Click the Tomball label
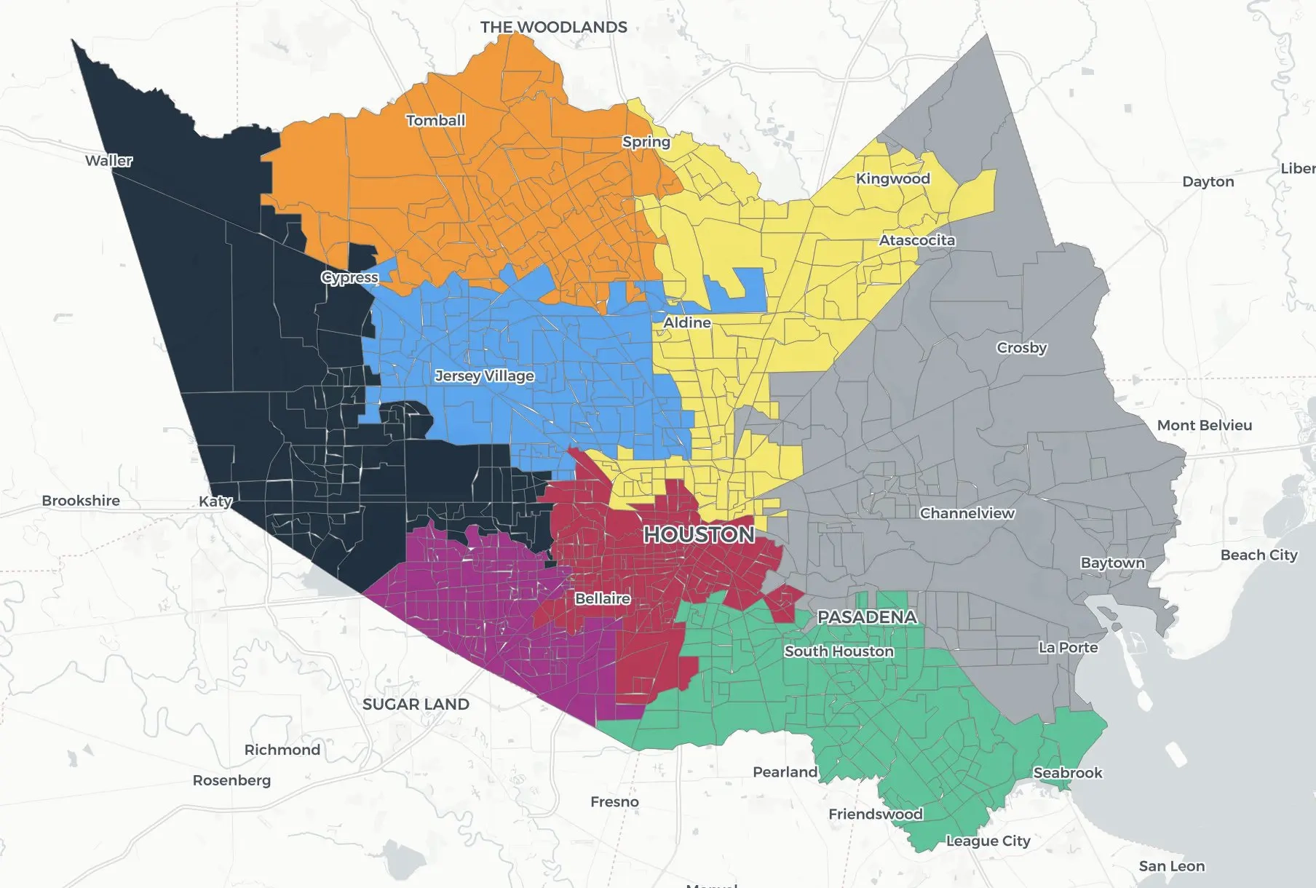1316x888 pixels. (x=435, y=121)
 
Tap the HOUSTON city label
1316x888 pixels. (x=699, y=535)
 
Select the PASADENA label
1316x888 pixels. (x=866, y=617)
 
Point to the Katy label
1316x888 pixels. (x=215, y=502)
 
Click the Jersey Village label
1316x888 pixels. (x=484, y=376)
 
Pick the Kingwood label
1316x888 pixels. (x=892, y=179)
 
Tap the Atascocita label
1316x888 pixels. (x=916, y=240)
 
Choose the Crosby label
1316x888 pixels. (x=1021, y=348)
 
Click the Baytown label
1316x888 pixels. (x=1112, y=563)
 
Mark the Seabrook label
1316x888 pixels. (x=1067, y=773)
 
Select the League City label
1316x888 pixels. (x=988, y=841)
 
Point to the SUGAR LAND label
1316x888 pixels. (x=416, y=705)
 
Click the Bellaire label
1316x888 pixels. (x=602, y=599)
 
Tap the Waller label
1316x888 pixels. (x=108, y=161)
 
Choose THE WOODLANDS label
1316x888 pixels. (x=553, y=28)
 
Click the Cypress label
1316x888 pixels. (x=349, y=278)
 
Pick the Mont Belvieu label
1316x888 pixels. (x=1204, y=426)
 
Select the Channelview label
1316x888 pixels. (x=967, y=514)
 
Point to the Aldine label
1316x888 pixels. (x=686, y=322)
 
